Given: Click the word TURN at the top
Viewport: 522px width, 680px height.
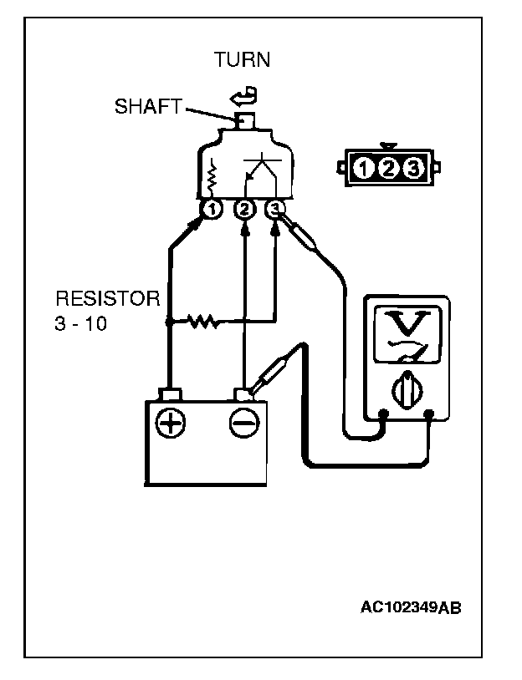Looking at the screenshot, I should coord(242,60).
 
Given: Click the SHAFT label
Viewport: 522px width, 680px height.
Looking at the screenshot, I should coord(148,108).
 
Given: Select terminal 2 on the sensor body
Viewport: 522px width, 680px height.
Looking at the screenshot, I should coord(244,209).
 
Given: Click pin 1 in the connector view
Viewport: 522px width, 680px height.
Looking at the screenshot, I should coord(362,170).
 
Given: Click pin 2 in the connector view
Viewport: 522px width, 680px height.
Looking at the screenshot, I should coord(387,170).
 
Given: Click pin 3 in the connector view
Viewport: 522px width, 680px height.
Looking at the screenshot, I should coord(412,170).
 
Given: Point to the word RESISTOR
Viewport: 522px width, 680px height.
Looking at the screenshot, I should coord(107,299).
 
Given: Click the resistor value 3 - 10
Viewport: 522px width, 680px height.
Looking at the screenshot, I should coord(81,324).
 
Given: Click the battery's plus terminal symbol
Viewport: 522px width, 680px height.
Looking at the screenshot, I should coord(172,424).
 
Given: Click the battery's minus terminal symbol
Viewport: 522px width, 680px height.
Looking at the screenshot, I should coord(243,424).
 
